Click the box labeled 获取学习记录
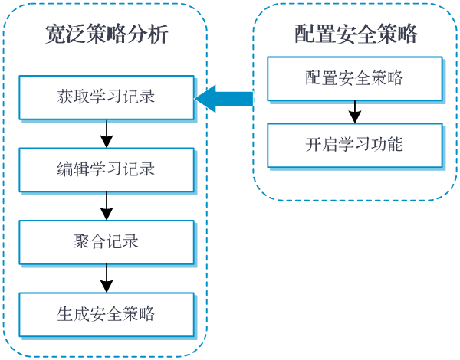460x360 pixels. [x=106, y=97]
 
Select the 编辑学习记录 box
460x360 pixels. [x=106, y=169]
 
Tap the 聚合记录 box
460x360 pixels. [x=106, y=241]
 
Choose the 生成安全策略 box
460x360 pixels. [x=106, y=313]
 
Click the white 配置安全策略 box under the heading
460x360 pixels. [x=354, y=78]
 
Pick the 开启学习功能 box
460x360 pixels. [x=354, y=144]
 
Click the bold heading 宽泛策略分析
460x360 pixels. [x=106, y=35]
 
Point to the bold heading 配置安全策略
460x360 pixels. [x=355, y=34]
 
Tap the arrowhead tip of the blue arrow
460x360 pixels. [x=197, y=98]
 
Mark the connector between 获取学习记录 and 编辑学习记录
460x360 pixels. [x=107, y=135]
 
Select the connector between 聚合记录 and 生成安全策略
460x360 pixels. [x=107, y=279]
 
